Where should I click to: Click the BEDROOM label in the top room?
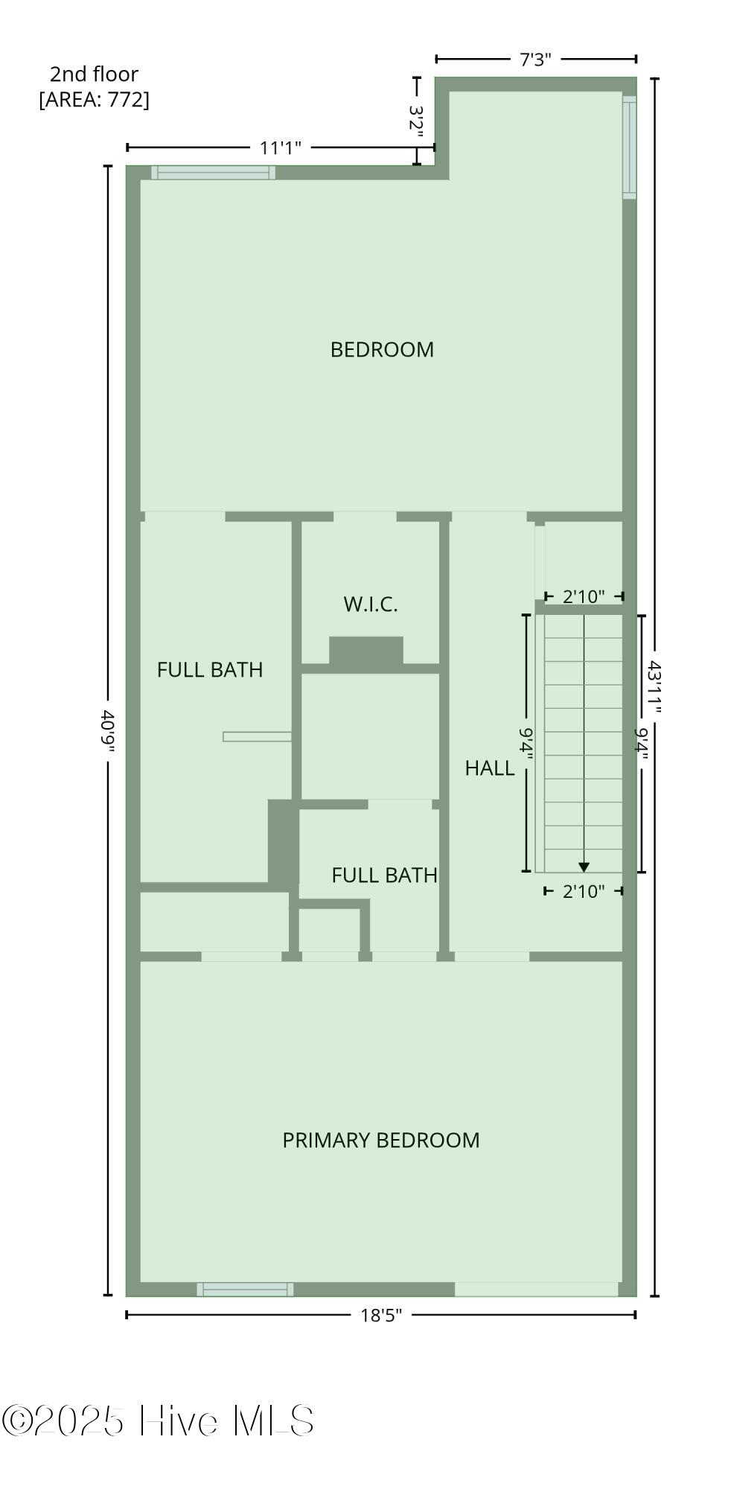point(382,349)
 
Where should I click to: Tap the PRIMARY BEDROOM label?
point(380,1140)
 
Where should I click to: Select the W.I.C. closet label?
point(371,604)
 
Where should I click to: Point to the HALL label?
point(490,768)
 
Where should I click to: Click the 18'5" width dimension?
point(381,1315)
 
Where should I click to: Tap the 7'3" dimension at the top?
point(535,60)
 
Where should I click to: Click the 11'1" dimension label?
point(280,147)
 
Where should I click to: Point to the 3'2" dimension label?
point(417,118)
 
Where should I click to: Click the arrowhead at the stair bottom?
point(584,867)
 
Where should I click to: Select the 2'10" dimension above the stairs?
point(584,596)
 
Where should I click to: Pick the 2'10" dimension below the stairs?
point(584,891)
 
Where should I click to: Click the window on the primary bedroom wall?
point(245,1289)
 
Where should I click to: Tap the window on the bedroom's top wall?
point(214,172)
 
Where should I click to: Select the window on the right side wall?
point(630,147)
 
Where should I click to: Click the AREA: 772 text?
point(94,99)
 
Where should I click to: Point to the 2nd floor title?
point(94,74)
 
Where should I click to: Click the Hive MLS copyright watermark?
point(158,1421)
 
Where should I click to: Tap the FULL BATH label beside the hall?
point(384,875)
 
